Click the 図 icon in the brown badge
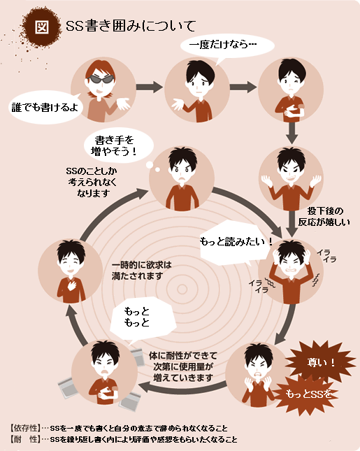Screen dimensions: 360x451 click(x=42, y=27)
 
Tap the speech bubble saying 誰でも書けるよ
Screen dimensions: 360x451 click(x=45, y=107)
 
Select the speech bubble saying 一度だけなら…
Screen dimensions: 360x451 click(x=227, y=46)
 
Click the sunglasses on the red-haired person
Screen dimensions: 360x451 click(x=101, y=79)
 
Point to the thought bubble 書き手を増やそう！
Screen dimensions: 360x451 click(x=118, y=145)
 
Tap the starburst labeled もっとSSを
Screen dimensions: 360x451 click(x=307, y=394)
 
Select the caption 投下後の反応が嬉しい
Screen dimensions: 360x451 click(x=324, y=217)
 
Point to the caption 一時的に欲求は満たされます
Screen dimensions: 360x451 click(x=141, y=271)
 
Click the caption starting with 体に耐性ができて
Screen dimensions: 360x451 click(x=183, y=366)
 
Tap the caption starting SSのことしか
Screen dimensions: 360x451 click(x=92, y=182)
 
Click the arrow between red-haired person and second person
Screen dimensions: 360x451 click(x=149, y=87)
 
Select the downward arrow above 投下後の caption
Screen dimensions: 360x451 click(x=292, y=133)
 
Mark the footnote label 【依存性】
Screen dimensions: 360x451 click(x=25, y=428)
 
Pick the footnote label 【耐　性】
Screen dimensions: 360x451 click(x=25, y=439)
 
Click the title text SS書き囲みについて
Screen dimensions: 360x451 click(x=131, y=26)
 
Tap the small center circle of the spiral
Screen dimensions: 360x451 click(x=182, y=289)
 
